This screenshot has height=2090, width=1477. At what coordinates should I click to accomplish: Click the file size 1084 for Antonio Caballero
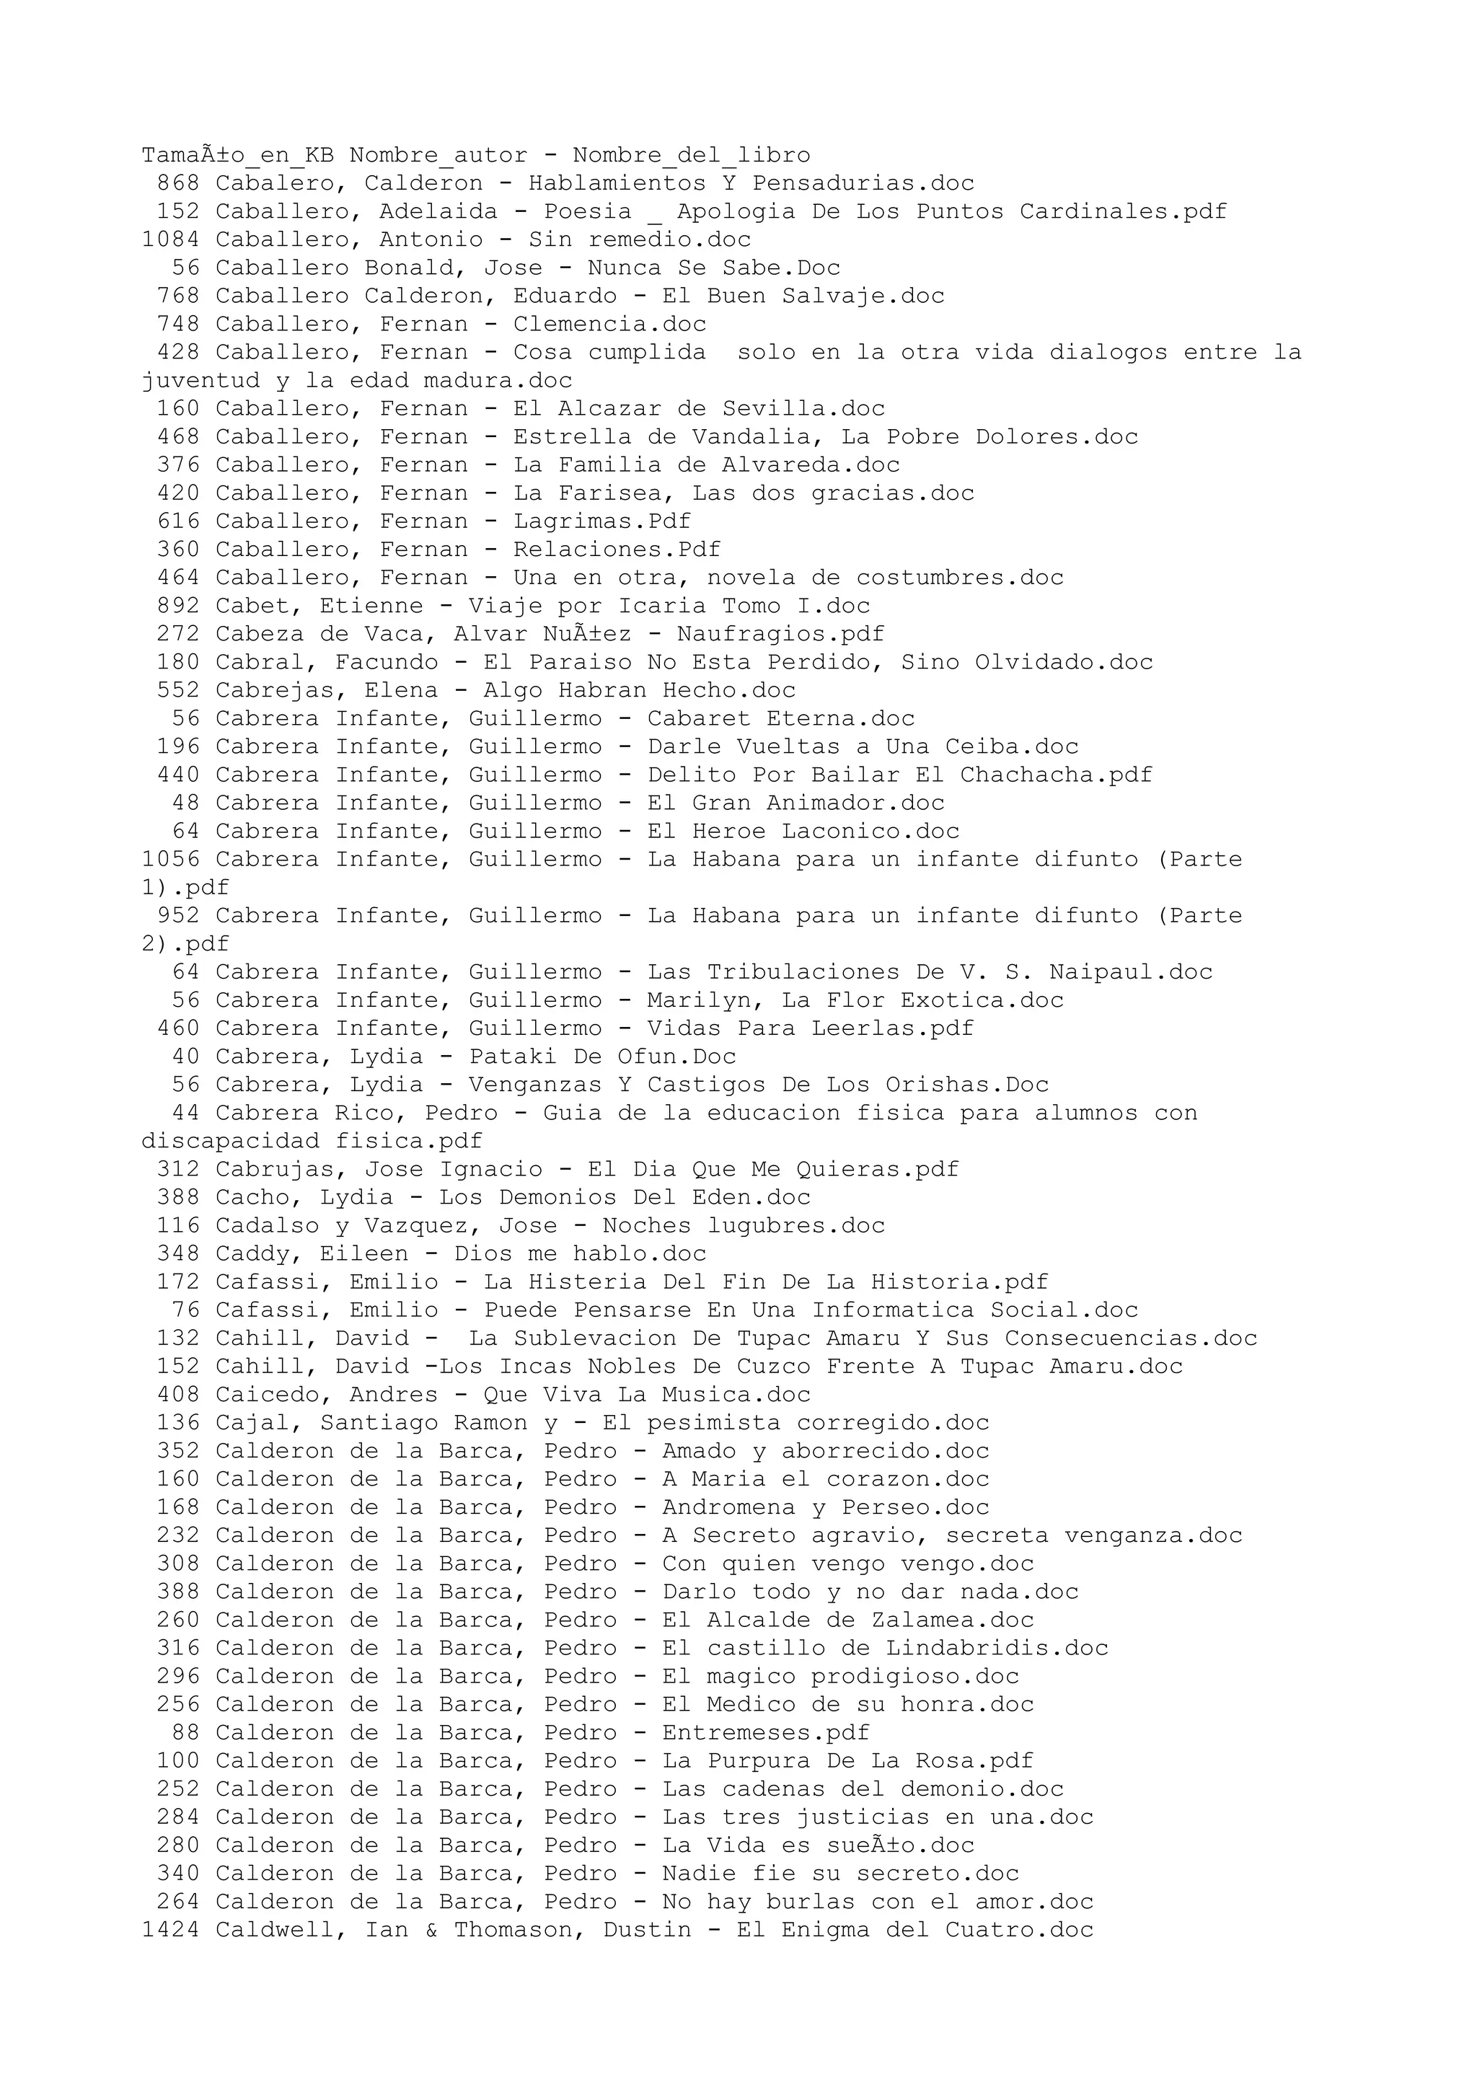[170, 240]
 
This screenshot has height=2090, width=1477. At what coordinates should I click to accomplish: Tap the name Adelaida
[438, 212]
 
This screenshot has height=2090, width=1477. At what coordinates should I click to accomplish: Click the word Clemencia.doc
[609, 325]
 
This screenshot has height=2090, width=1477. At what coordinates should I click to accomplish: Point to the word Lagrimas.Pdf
[601, 521]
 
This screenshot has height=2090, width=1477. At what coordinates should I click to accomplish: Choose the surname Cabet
[260, 607]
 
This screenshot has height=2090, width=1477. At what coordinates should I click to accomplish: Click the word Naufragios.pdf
[780, 635]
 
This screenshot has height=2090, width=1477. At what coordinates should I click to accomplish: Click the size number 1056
[170, 860]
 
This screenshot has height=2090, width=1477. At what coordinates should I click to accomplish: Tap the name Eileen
[364, 1256]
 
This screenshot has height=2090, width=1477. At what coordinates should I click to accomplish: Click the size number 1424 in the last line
[170, 1933]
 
